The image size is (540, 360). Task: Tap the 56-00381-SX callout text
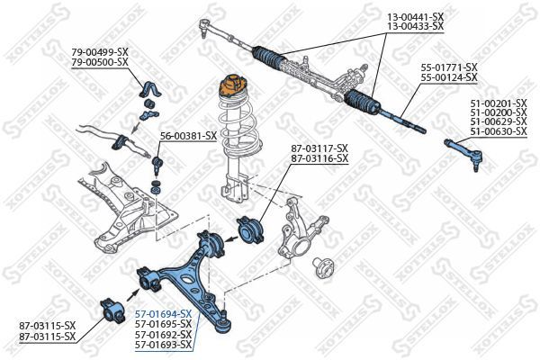point(188,136)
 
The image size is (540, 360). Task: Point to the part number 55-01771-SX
point(448,67)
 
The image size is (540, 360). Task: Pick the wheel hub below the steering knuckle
point(322,266)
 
